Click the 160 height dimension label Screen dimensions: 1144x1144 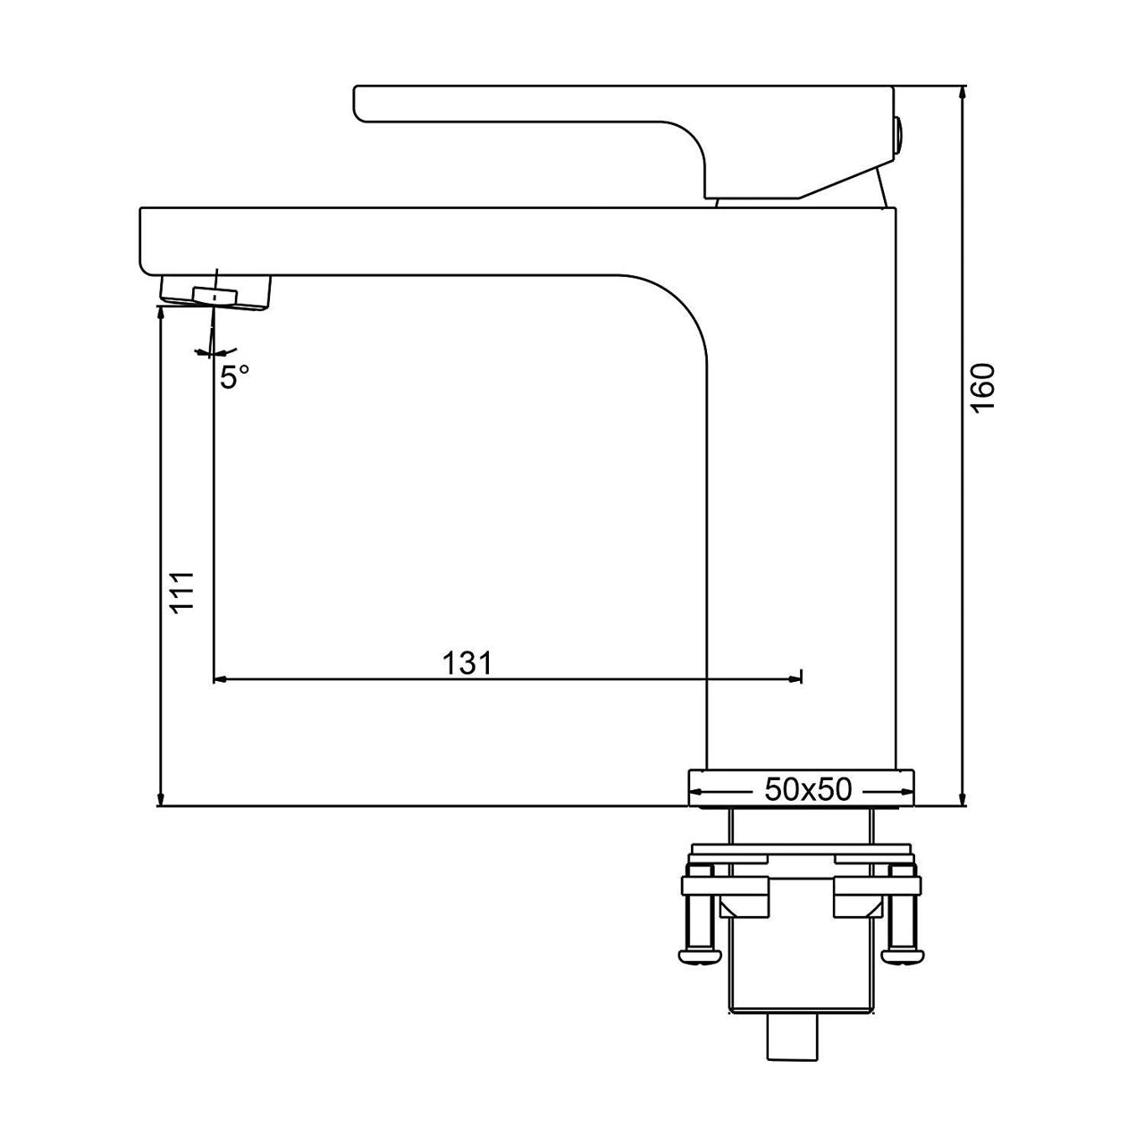point(982,387)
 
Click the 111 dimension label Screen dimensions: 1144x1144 point(182,591)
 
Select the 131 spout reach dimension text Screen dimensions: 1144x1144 point(468,662)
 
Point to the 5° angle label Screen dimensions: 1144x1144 point(233,377)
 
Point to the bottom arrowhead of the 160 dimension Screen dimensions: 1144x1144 point(963,797)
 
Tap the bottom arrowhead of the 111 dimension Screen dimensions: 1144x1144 point(160,797)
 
